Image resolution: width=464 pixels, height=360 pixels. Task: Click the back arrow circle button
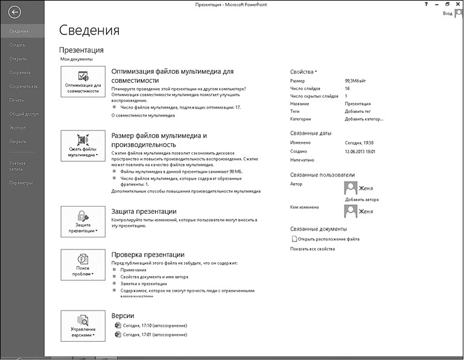(14, 11)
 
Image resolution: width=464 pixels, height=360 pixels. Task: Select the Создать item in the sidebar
(17, 45)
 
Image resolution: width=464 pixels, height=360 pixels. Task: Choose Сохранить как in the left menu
(23, 86)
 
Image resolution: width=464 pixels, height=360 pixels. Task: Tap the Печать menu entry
(16, 100)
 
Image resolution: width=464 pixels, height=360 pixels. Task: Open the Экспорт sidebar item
(17, 127)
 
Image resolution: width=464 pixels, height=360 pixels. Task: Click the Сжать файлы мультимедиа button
(83, 144)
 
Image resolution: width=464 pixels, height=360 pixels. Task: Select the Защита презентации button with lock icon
(83, 222)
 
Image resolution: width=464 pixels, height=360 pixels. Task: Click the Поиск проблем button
(83, 265)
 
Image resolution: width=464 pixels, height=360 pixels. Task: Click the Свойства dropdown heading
(304, 71)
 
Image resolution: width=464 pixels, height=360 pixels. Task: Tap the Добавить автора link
(361, 199)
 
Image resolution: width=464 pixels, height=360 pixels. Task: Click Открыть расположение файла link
(329, 239)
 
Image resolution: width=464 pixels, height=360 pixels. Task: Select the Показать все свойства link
(312, 248)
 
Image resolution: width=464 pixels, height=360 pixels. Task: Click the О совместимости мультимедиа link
(144, 115)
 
